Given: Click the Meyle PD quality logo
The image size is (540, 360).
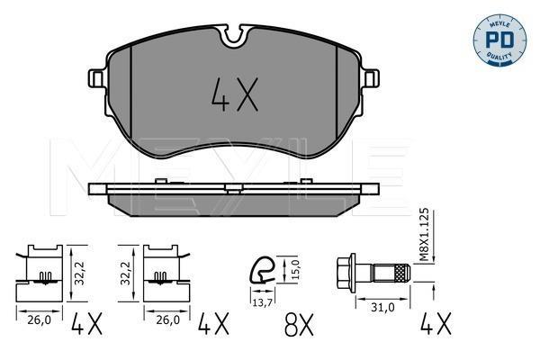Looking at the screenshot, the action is [499, 40].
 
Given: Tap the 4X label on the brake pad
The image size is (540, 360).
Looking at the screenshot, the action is [235, 94].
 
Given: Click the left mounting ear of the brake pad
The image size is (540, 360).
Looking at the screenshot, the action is [97, 78].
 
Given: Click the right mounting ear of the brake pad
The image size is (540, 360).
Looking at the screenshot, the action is [371, 78].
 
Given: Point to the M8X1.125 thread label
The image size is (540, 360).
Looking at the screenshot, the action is [425, 235].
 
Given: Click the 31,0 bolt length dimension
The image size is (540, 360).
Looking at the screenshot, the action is [382, 307].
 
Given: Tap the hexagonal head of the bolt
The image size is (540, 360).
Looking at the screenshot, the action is [346, 273].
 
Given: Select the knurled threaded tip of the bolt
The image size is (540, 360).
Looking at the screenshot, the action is [402, 273].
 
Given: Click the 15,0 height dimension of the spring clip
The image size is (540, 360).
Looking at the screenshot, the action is [296, 269].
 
